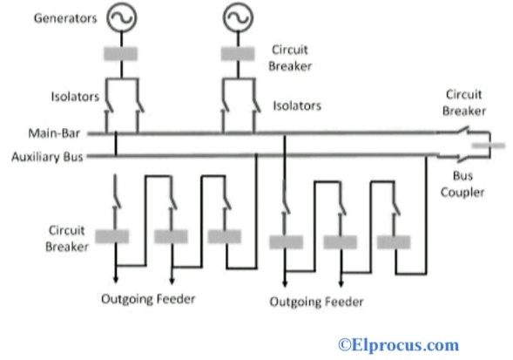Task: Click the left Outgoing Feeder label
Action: tap(146, 299)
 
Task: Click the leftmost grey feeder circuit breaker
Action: tap(112, 236)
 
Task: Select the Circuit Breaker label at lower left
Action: tap(45, 238)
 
